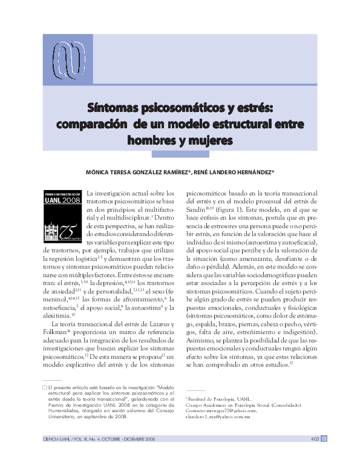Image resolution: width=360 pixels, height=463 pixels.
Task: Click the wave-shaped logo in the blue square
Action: [67, 59]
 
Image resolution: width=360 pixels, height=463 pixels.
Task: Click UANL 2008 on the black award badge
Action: [62, 199]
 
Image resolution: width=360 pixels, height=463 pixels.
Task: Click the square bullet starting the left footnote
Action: [45, 386]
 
